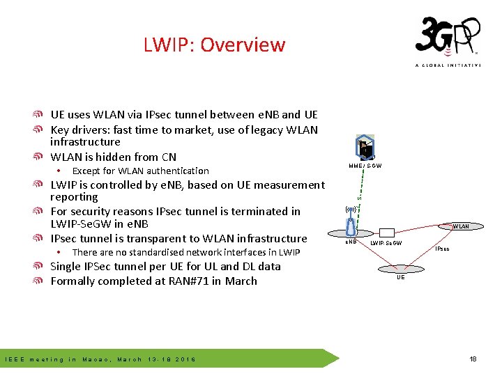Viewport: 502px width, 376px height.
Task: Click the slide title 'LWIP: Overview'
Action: (x=214, y=45)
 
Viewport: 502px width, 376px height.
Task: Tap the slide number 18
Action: (x=473, y=359)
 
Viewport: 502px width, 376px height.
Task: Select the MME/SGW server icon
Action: (x=365, y=147)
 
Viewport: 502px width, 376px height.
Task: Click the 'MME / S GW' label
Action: (x=365, y=166)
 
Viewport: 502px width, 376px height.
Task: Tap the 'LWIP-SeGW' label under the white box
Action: (x=386, y=244)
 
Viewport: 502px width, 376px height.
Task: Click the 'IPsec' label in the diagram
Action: (x=443, y=249)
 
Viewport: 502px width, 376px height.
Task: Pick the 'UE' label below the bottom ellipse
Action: (x=400, y=277)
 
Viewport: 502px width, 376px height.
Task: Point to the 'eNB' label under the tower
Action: (x=351, y=242)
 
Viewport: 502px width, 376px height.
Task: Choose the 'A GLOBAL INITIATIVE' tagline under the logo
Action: (x=448, y=65)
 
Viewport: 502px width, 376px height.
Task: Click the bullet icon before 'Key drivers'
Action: (x=43, y=130)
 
